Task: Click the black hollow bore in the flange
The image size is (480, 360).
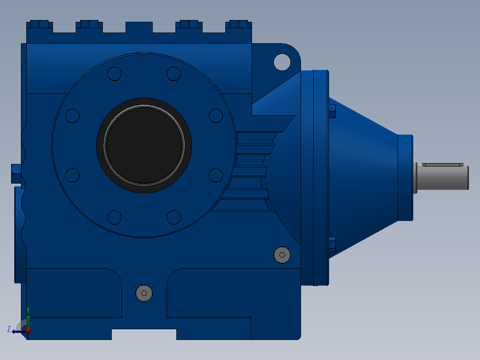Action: (144, 146)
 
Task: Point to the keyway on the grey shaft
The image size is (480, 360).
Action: (442, 165)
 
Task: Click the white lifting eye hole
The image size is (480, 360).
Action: (282, 62)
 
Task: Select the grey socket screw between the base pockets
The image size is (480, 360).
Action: (144, 293)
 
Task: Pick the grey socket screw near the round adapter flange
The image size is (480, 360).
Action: (282, 255)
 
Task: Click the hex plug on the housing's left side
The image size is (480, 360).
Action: (16, 174)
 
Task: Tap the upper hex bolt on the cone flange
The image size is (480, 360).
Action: (332, 111)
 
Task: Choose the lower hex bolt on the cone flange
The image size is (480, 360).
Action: (332, 245)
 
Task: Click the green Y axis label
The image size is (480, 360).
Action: (28, 310)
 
